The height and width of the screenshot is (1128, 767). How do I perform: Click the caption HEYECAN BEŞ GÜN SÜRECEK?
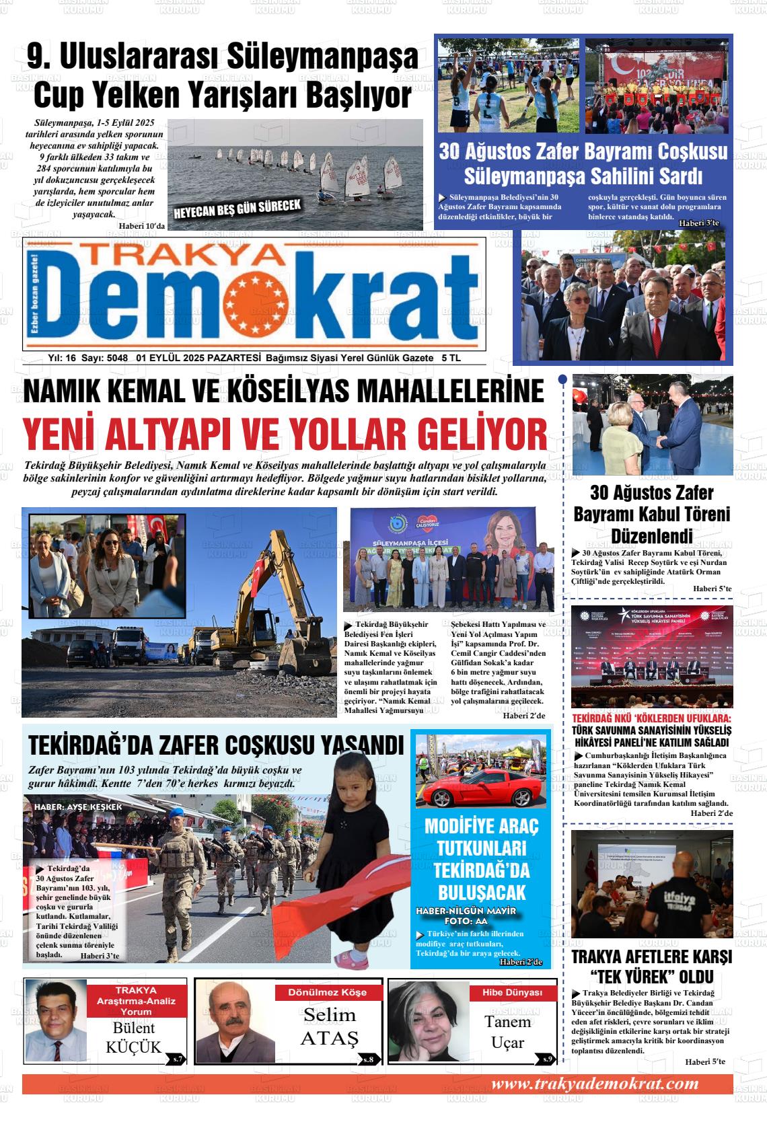237,209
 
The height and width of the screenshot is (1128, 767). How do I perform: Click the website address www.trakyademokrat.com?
595,1084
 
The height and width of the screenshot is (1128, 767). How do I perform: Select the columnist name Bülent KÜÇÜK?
133,1037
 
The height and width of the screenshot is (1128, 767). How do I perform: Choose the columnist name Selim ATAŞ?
328,1026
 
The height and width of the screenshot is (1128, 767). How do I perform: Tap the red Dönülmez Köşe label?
328,993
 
